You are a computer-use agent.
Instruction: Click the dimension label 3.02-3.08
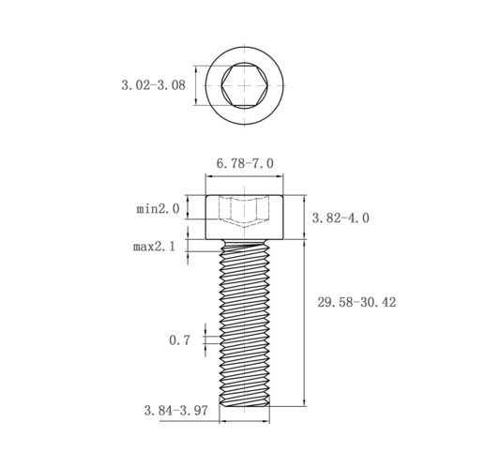153,85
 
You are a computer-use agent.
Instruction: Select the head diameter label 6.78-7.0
245,163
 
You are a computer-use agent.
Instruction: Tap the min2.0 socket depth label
158,208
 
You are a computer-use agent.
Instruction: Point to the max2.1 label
154,247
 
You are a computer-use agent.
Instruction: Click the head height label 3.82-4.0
341,218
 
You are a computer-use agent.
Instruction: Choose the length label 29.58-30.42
357,302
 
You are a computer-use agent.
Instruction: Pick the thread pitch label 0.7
179,340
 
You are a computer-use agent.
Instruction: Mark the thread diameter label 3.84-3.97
176,411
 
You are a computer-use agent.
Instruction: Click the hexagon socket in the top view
244,85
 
